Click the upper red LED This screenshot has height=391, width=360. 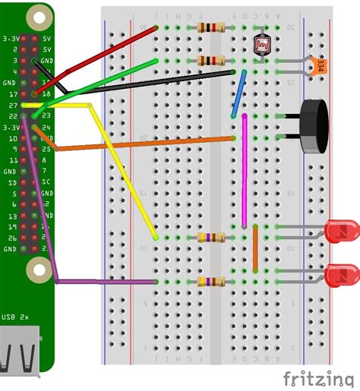coord(341,230)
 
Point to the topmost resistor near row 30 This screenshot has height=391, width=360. coord(210,28)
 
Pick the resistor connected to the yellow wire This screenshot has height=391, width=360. coord(210,237)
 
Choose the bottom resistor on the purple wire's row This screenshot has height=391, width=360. coord(210,282)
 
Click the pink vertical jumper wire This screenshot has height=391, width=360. coord(244,171)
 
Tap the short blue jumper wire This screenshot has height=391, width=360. coord(238,94)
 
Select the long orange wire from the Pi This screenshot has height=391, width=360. coord(137,143)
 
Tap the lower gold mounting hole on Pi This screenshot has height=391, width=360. coord(36,268)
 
